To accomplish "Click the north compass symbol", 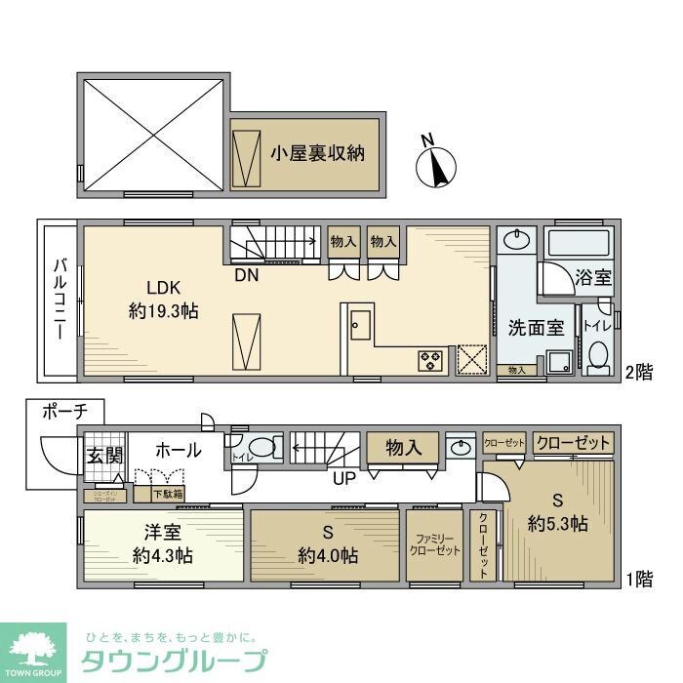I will (436, 163).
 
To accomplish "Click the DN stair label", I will (246, 275).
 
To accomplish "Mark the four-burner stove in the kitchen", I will (429, 359).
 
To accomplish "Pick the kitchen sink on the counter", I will (358, 323).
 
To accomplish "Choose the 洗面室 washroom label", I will (535, 328).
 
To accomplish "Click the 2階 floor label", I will (638, 372).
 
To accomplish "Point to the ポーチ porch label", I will (63, 413).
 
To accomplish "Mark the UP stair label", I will (343, 476).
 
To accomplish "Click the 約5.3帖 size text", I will (557, 523).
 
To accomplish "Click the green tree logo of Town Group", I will (32, 648).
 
